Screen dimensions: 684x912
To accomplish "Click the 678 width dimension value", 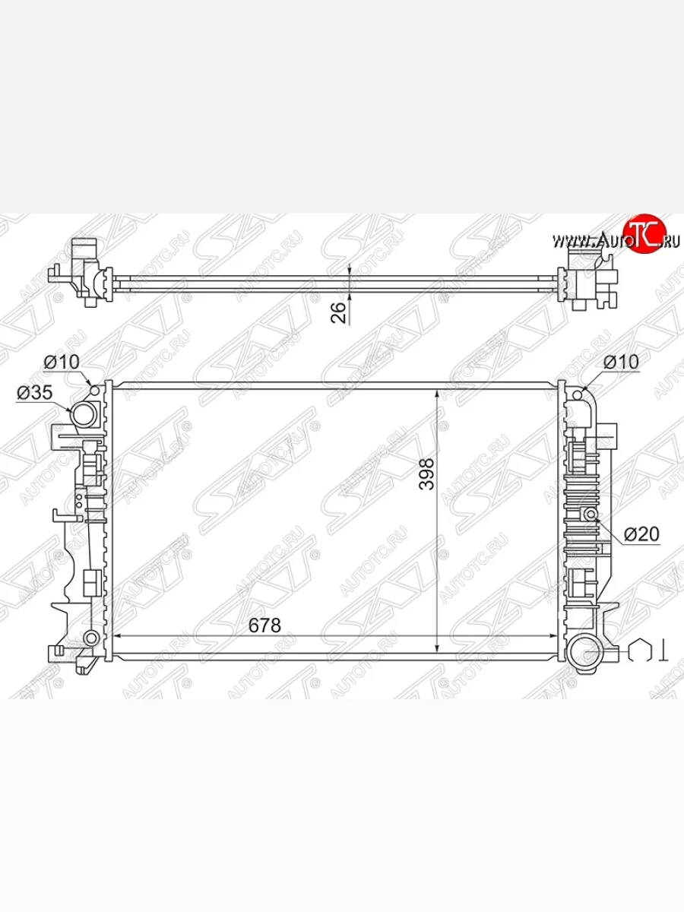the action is coord(264,625).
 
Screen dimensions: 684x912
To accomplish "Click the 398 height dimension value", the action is coord(427,474).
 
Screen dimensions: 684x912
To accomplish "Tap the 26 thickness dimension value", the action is coord(338,312).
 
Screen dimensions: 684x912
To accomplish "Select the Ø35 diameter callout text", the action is coord(35,392).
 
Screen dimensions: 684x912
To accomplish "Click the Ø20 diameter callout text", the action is coord(641,534).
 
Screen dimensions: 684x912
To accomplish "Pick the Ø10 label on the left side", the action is coord(62,362).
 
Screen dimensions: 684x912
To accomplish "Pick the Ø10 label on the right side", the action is coord(621,362).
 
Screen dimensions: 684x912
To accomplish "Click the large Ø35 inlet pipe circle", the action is coord(84,414).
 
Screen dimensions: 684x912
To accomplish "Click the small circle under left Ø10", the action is coord(95,390).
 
